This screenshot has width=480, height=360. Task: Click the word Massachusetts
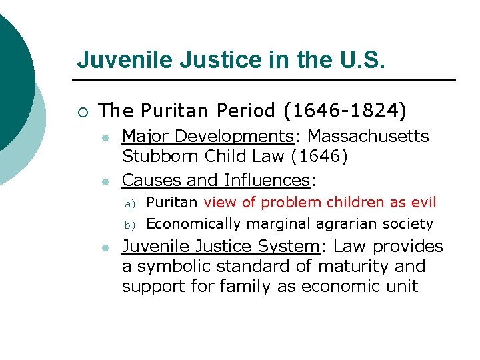[369, 137]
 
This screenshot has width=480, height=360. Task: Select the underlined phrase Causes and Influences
[216, 180]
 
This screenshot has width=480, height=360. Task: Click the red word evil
[423, 202]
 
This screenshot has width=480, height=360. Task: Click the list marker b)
[131, 225]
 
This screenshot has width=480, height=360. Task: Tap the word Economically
[188, 224]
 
